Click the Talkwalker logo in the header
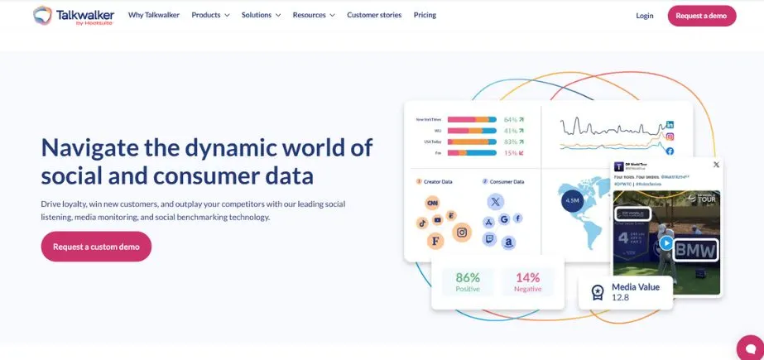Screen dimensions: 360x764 point(73,15)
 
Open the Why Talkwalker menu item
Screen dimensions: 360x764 point(154,15)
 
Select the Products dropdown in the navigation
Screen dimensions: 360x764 point(210,15)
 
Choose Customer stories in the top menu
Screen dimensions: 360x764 point(374,15)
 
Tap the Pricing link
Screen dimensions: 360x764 point(425,15)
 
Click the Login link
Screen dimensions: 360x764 point(645,16)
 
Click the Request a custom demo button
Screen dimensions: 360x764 point(96,247)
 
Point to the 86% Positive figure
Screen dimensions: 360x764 point(468,281)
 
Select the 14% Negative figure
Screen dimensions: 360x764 point(528,281)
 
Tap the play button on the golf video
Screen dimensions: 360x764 point(665,243)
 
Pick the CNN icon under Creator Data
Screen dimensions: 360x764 point(431,203)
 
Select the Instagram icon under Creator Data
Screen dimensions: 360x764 point(463,233)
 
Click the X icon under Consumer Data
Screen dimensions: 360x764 point(495,201)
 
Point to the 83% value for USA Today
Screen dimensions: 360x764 point(511,142)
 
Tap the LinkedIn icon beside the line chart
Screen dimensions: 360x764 point(670,124)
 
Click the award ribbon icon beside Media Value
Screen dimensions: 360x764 point(598,292)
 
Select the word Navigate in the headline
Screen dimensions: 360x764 point(89,147)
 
